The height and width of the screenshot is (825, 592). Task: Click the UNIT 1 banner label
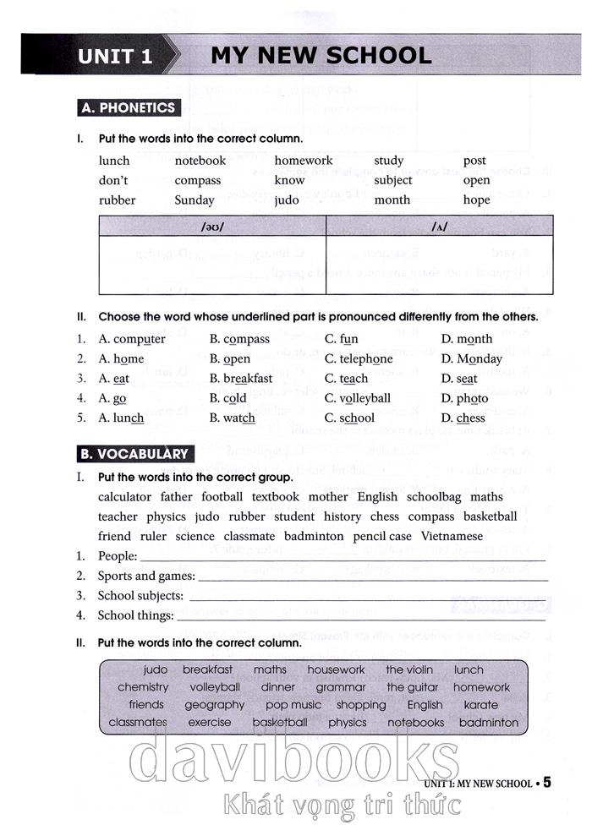[116, 57]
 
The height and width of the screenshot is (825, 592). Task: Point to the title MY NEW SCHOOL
[321, 56]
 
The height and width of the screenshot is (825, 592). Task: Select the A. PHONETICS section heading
[127, 107]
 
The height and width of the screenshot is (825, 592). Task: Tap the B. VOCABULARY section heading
[134, 454]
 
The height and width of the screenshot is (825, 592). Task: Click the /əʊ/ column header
[212, 227]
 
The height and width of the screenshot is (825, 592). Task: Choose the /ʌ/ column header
[440, 227]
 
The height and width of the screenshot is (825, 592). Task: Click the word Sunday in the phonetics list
[195, 200]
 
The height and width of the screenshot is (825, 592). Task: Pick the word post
[474, 161]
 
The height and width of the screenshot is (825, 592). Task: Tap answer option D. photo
[464, 398]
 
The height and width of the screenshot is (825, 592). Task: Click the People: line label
[117, 556]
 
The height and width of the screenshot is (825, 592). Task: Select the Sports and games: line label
[146, 576]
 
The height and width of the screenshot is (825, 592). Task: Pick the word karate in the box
[481, 704]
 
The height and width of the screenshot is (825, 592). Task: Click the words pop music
[293, 704]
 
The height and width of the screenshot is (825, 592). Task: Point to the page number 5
[547, 783]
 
